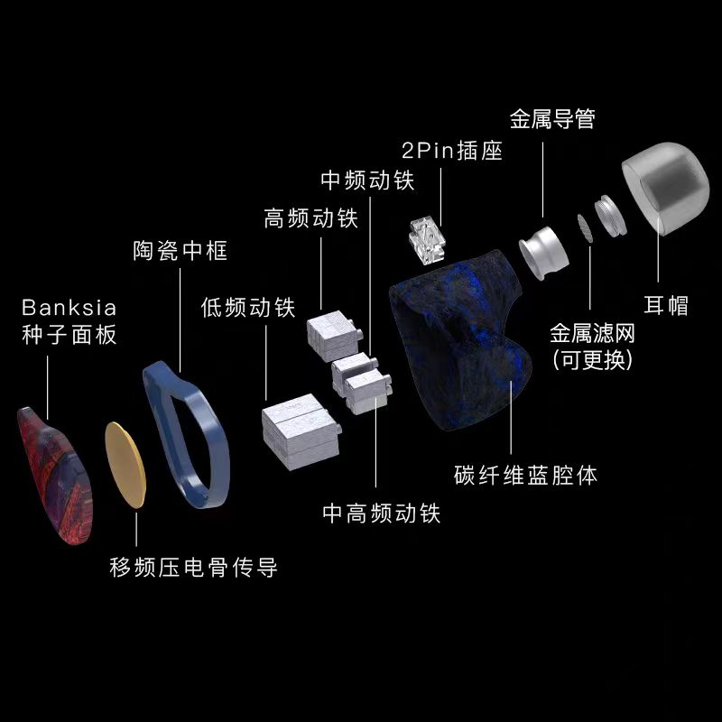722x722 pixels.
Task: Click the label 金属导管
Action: (x=552, y=119)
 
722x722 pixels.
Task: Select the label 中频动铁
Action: (x=367, y=180)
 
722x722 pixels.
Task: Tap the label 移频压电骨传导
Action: (x=193, y=567)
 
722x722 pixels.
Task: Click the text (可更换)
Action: (x=593, y=359)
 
